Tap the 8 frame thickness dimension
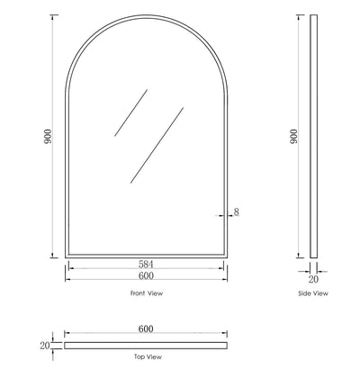237,212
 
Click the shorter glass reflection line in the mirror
130,112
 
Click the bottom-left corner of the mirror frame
66,253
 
